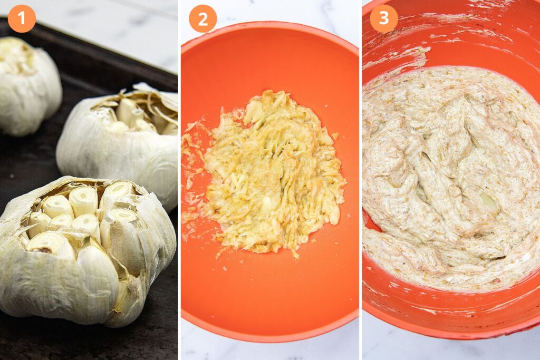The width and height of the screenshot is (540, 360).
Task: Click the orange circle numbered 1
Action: [22, 18]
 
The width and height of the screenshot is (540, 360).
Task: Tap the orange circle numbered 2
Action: [203, 18]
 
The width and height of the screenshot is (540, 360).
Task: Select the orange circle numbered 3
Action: [384, 18]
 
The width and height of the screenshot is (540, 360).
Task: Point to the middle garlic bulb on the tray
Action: [119, 144]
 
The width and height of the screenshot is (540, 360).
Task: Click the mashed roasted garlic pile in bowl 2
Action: [265, 172]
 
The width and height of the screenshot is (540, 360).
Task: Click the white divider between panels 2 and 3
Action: [361, 180]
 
